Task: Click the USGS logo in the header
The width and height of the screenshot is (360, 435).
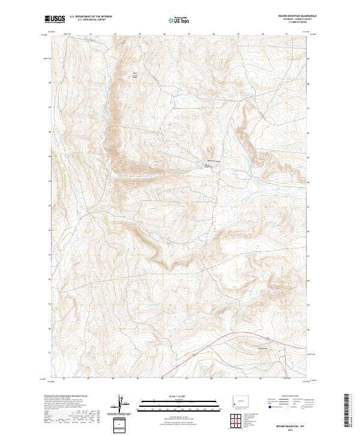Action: (x=54, y=20)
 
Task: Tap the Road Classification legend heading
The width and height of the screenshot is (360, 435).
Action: (x=287, y=395)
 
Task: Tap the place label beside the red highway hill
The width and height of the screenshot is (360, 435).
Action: (x=262, y=347)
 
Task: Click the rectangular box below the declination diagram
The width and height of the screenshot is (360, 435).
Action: (x=122, y=425)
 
